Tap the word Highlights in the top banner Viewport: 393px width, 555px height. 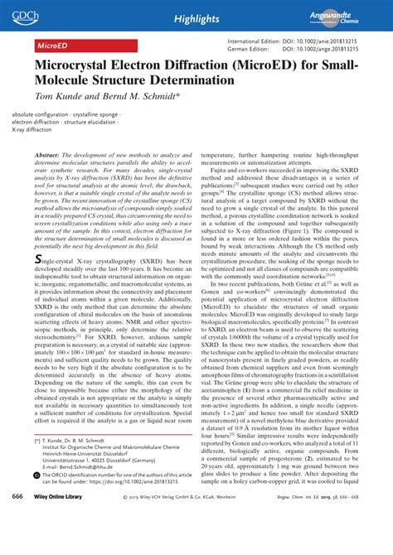point(196,17)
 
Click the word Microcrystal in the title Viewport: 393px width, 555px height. point(76,65)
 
